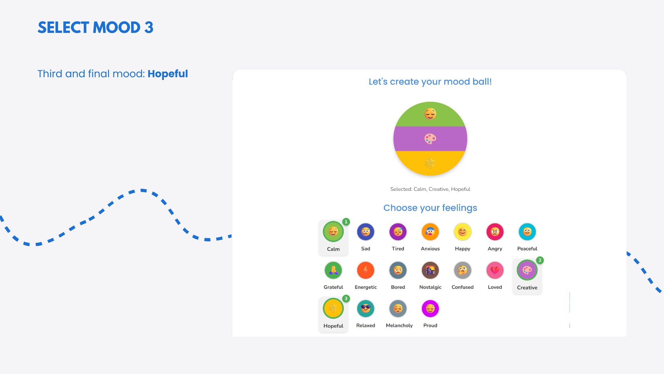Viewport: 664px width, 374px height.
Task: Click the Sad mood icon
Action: [x=366, y=232]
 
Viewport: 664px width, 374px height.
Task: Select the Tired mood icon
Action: [x=398, y=232]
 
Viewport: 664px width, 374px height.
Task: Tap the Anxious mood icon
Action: [x=430, y=232]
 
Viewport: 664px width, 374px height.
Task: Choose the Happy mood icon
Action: [x=462, y=232]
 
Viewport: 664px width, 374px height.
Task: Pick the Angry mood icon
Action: [x=495, y=232]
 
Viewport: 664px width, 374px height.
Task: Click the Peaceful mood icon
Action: [x=527, y=232]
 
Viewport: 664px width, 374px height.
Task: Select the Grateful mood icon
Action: [x=333, y=270]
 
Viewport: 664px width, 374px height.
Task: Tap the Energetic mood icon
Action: [x=366, y=270]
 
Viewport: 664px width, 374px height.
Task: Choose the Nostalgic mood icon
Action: [x=430, y=270]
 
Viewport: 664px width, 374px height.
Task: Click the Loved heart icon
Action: [x=495, y=270]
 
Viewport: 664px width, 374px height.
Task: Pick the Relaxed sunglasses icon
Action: [x=366, y=309]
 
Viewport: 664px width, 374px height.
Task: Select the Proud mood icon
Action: [x=430, y=309]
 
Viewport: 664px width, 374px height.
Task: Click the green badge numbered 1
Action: [x=346, y=222]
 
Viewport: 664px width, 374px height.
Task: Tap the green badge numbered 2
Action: [x=540, y=260]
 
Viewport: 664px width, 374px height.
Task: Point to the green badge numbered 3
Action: [x=346, y=299]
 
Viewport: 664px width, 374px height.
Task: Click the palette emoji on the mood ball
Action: [x=430, y=139]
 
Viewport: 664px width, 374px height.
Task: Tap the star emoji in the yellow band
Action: [x=430, y=163]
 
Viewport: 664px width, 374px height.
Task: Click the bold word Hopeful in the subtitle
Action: [x=168, y=74]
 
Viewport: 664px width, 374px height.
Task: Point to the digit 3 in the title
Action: [x=149, y=28]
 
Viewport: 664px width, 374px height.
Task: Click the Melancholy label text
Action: [x=399, y=326]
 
